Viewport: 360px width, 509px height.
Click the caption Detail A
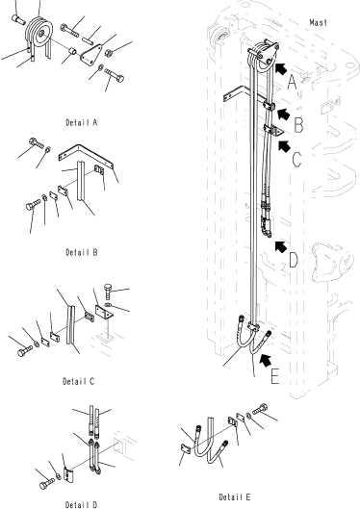click(x=82, y=123)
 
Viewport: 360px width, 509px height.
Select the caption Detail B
click(x=82, y=252)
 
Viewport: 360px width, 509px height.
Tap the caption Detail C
click(x=79, y=381)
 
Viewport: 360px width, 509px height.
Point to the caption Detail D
click(x=81, y=504)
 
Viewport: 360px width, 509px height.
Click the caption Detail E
click(x=235, y=497)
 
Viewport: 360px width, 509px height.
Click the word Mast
click(x=318, y=23)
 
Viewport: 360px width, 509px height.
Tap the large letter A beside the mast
click(x=293, y=83)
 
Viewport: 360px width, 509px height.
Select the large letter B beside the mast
click(x=298, y=125)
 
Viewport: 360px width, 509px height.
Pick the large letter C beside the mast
click(x=296, y=160)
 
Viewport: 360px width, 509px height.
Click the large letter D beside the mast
click(x=294, y=261)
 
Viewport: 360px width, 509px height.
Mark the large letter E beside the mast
click(x=274, y=376)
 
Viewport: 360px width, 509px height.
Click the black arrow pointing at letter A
click(x=282, y=69)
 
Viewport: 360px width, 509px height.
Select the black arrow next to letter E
click(x=266, y=360)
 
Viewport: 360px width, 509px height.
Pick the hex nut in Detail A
click(x=109, y=52)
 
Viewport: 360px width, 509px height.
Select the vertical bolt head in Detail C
click(x=109, y=290)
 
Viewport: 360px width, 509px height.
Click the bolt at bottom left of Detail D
click(x=47, y=484)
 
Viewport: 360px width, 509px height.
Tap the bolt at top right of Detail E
click(x=260, y=408)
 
